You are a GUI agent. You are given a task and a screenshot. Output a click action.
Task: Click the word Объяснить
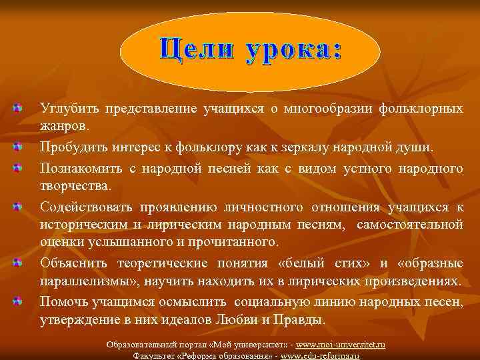tap(72, 263)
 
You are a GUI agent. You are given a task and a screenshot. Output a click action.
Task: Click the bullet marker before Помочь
tap(17, 301)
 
